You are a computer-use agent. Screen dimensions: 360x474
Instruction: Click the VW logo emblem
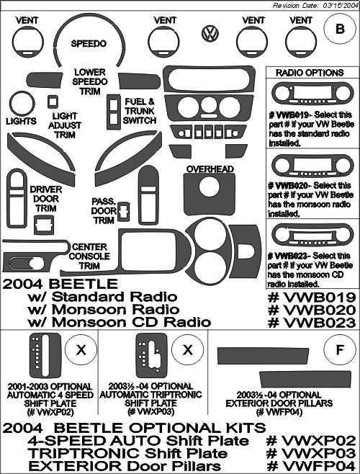coord(210,33)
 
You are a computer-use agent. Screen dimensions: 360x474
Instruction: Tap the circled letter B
coord(340,29)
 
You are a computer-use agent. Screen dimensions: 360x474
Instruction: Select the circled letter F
coord(340,350)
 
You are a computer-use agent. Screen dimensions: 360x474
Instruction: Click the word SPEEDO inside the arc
coord(89,43)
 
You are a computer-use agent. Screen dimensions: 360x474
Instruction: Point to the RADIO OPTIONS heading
coord(310,73)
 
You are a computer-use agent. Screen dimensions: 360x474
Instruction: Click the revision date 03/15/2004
coord(339,6)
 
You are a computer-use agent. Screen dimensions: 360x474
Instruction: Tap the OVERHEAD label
coord(210,169)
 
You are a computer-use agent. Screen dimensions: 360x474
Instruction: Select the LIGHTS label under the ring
coord(21,121)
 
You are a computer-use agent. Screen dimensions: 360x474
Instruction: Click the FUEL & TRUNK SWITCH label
coord(140,111)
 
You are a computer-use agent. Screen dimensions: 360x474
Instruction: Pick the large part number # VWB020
coord(312,310)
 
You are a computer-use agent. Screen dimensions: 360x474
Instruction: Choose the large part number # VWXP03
coord(310,453)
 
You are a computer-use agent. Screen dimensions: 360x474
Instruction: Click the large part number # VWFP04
coord(311,465)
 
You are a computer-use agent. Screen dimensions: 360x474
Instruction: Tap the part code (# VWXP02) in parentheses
coord(50,412)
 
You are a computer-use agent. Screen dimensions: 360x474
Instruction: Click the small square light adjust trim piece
coord(53,102)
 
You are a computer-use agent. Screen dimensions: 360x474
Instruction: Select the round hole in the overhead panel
coord(210,187)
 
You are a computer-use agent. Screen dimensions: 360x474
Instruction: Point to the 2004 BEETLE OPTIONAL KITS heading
coord(134,428)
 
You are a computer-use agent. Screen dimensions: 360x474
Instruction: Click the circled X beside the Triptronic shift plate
coord(188,350)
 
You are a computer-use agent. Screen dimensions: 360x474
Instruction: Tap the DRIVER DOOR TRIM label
coord(46,200)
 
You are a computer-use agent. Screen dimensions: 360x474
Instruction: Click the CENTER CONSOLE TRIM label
coord(89,256)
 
